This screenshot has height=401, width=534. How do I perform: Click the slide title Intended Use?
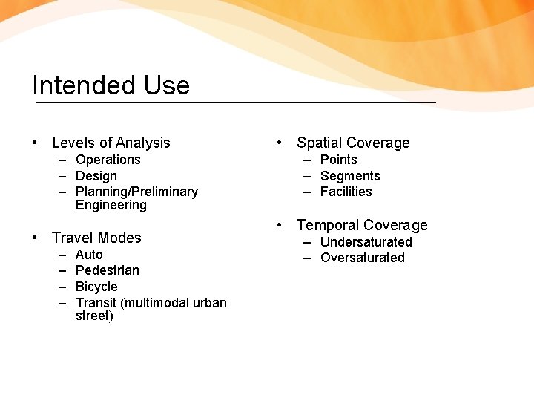111,85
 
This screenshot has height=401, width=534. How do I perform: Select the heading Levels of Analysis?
111,143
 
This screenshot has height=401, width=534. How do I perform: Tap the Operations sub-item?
108,160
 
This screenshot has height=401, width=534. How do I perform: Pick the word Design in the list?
96,176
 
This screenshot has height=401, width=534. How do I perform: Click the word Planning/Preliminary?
136,192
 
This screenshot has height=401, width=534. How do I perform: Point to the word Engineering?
111,205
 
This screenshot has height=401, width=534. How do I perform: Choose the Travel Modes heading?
96,238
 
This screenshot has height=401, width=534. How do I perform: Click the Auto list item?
89,255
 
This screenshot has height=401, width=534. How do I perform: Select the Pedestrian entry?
107,270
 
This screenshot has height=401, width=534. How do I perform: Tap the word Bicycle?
96,287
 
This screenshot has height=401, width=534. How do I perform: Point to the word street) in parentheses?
94,316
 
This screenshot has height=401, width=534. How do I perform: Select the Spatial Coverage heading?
353,143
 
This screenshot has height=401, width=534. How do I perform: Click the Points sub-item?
338,160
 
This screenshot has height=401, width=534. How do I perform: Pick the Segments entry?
349,176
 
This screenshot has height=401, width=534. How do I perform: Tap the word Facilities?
346,192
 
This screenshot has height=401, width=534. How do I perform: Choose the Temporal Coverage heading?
362,225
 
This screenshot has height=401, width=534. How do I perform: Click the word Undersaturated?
366,242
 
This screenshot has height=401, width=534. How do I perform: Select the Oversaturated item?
362,258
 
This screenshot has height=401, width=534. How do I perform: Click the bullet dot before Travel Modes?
36,238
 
